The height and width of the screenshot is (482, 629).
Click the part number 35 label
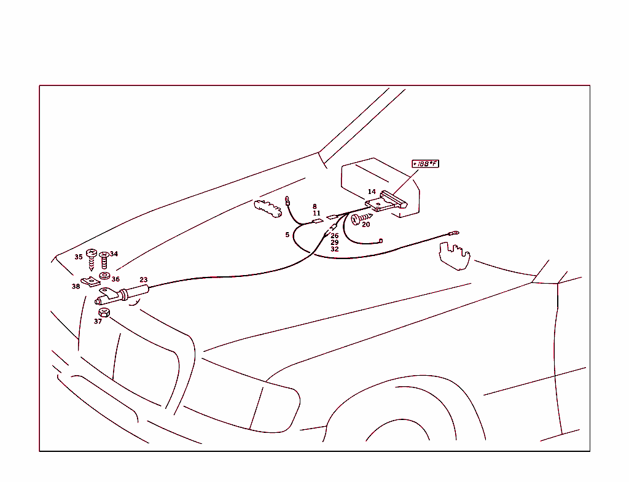tap(79, 257)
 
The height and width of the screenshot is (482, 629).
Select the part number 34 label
tap(114, 254)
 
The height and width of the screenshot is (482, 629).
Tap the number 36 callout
tap(115, 279)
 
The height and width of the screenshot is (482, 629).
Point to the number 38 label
tap(76, 286)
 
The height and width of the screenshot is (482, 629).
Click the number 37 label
tap(98, 321)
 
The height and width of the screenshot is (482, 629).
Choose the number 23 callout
tap(144, 280)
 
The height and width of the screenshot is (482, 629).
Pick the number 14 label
tap(372, 192)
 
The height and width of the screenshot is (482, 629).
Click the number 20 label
tap(366, 225)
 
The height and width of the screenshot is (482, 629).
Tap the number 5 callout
tap(287, 235)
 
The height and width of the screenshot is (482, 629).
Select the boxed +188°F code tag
tap(425, 163)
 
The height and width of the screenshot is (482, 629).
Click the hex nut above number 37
tap(104, 313)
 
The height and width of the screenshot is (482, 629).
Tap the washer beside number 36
tap(104, 276)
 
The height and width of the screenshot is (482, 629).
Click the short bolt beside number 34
tap(104, 260)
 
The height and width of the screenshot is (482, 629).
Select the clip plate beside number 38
tap(91, 282)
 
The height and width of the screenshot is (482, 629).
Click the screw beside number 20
tap(361, 218)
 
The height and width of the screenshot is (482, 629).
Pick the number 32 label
tap(335, 249)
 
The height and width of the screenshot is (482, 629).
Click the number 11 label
tap(316, 213)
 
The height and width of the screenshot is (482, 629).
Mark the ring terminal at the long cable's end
tap(454, 233)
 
